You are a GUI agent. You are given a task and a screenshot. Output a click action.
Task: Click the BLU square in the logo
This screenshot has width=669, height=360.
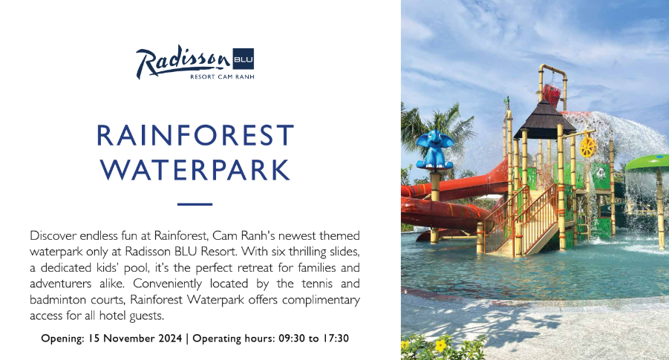point(244,59)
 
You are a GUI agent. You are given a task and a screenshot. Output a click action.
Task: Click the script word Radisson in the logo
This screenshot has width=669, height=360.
point(183,62)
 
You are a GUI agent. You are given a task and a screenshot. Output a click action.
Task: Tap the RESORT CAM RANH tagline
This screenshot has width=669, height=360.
point(222,76)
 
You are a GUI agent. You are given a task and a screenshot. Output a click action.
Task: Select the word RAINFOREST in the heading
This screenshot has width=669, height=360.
point(195,136)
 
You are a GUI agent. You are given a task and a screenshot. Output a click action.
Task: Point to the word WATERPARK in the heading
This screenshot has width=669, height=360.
point(195,170)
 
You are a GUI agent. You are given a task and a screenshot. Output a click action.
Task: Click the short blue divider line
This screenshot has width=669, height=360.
point(195,204)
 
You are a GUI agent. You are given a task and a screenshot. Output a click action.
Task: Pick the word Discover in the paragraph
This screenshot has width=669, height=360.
point(53,235)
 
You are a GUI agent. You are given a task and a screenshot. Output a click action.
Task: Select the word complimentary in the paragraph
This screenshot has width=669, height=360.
point(321,299)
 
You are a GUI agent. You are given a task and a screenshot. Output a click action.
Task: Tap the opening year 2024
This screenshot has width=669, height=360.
point(170,338)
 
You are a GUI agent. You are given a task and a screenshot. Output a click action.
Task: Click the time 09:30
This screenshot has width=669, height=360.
point(292,338)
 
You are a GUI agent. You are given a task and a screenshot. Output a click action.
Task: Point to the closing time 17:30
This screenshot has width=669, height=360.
point(336,338)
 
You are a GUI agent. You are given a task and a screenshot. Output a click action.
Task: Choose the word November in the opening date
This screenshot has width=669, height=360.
point(130,338)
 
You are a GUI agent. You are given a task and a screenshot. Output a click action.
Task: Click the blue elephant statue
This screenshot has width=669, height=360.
point(434,150)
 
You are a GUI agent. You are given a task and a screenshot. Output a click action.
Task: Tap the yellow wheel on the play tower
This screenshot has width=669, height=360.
point(587,147)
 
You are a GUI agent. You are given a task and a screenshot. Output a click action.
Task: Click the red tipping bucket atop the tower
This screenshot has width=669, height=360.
point(552,96)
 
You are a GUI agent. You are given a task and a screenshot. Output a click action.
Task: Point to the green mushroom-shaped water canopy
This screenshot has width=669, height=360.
point(647,163)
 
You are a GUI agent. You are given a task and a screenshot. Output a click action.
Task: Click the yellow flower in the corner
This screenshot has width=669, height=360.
point(441,344)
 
